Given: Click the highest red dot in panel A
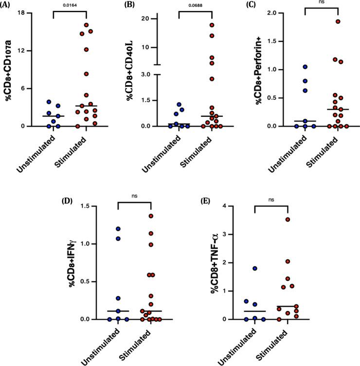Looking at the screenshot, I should tap(86, 25).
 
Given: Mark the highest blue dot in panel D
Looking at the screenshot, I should tap(118, 229).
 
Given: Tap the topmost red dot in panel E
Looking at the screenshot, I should tap(288, 220).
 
